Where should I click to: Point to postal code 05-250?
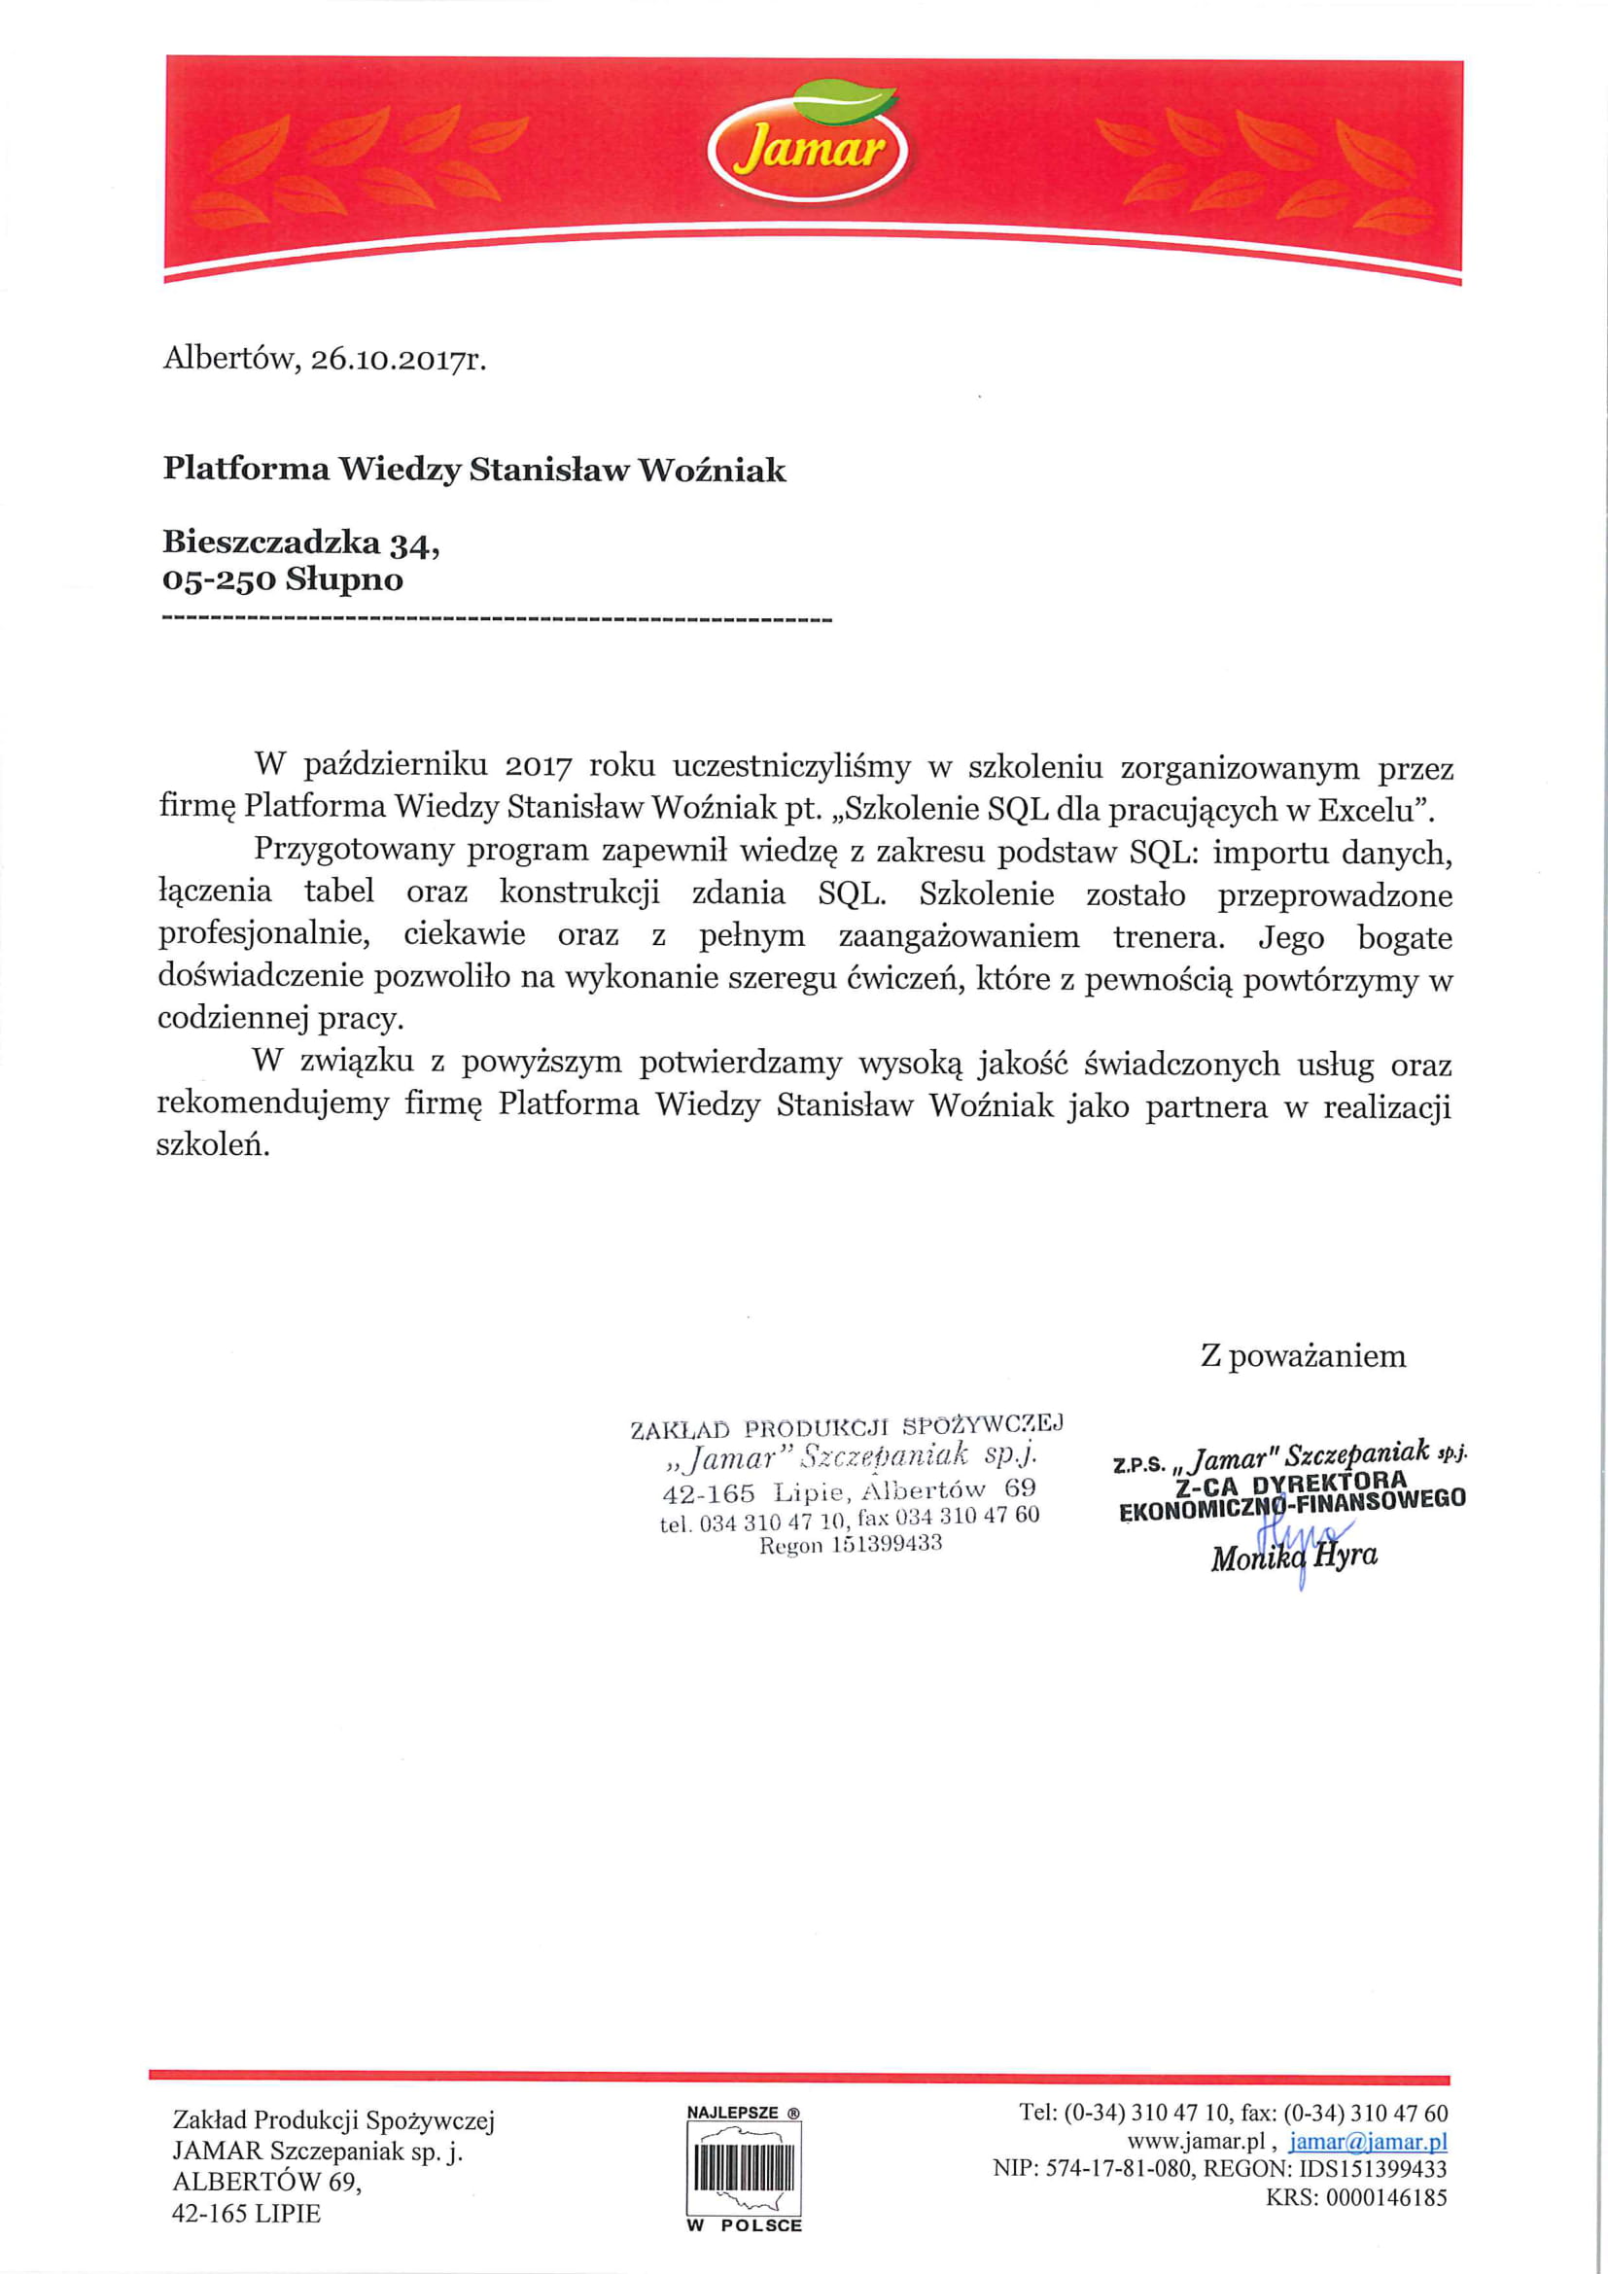(219, 579)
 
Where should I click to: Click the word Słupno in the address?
(344, 579)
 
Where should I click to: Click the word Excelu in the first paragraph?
(1371, 810)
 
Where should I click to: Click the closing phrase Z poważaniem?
(1303, 1356)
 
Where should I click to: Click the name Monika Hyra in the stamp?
(1293, 1557)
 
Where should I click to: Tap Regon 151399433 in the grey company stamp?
(851, 1545)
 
